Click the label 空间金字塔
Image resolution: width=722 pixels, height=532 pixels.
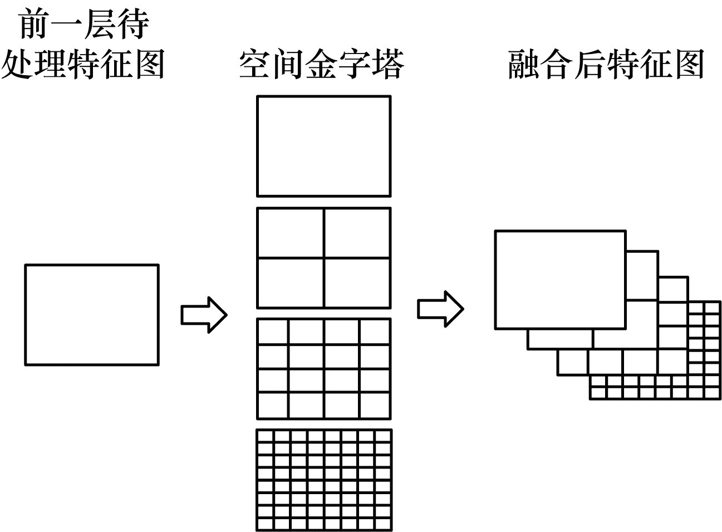pyautogui.click(x=321, y=64)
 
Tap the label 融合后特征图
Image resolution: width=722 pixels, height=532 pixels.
pyautogui.click(x=606, y=64)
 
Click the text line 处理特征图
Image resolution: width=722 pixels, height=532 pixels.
pyautogui.click(x=83, y=64)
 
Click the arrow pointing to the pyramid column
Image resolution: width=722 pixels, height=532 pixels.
pyautogui.click(x=204, y=315)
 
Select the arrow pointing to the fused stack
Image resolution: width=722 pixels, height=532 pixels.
pyautogui.click(x=440, y=308)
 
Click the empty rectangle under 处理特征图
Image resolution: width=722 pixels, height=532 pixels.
pyautogui.click(x=92, y=315)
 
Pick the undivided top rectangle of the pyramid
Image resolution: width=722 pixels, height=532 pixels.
pyautogui.click(x=323, y=146)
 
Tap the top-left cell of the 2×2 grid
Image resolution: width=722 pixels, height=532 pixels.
pyautogui.click(x=290, y=233)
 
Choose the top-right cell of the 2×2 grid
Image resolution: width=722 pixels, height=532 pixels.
pyautogui.click(x=357, y=233)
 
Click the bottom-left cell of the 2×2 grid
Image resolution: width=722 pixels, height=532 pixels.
pyautogui.click(x=290, y=282)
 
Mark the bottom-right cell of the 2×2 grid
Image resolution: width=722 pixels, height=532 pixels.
pyautogui.click(x=357, y=282)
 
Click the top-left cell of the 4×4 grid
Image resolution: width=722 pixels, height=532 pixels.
pyautogui.click(x=273, y=331)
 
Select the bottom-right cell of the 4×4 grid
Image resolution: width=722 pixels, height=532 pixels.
pyautogui.click(x=375, y=405)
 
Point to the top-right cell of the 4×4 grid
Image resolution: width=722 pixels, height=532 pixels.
pyautogui.click(x=375, y=331)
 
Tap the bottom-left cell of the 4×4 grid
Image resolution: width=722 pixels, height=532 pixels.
pyautogui.click(x=273, y=405)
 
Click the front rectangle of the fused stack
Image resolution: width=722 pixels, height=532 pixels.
pyautogui.click(x=560, y=279)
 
